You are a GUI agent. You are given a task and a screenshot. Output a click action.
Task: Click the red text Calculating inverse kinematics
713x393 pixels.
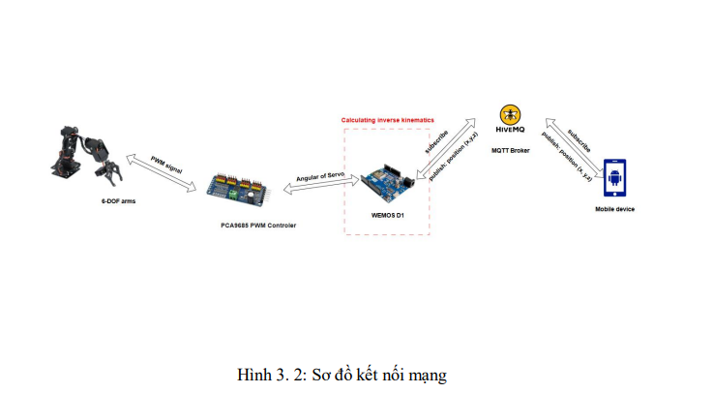coord(387,120)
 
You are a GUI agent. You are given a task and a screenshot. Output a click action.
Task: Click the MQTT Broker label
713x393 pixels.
coord(510,150)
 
